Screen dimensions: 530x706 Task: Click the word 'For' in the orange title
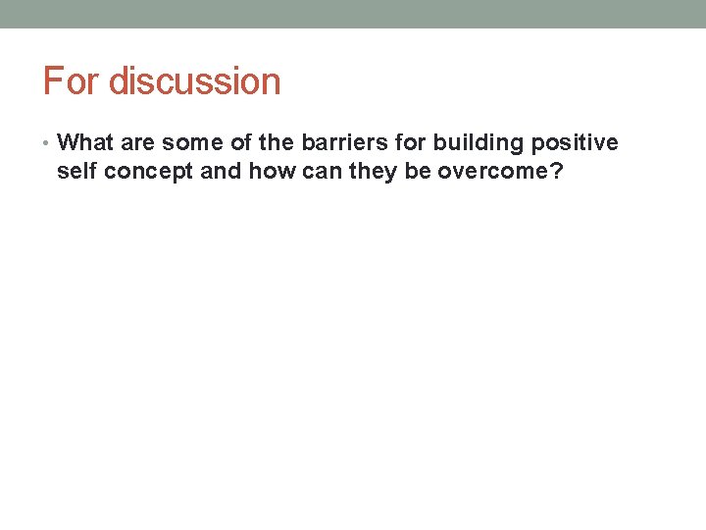72,81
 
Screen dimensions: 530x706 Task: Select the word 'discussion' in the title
194,81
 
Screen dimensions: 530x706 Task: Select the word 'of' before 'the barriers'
241,143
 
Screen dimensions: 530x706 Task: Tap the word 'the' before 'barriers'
277,143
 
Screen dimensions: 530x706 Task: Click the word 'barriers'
338,143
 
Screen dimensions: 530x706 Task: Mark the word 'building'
478,143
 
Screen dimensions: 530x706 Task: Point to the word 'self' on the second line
76,174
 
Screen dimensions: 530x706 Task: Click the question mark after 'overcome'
556,174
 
